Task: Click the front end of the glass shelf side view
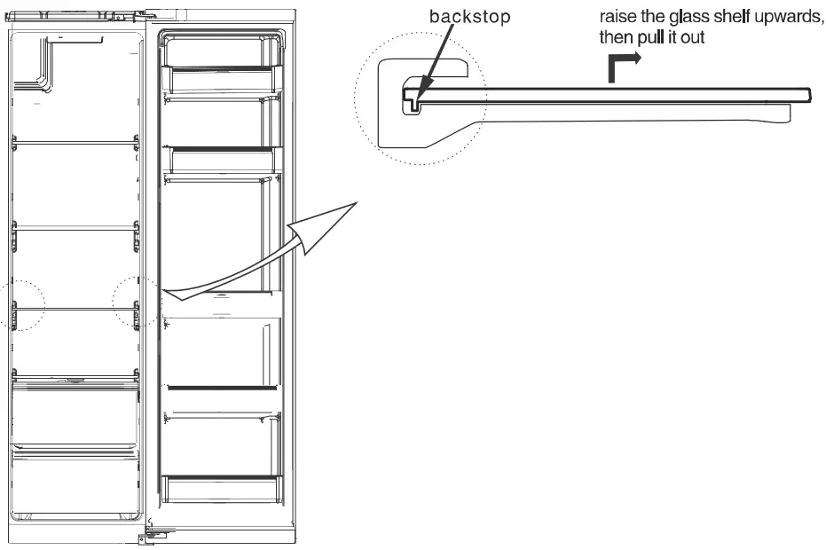click(x=803, y=93)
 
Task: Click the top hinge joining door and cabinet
click(x=147, y=13)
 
